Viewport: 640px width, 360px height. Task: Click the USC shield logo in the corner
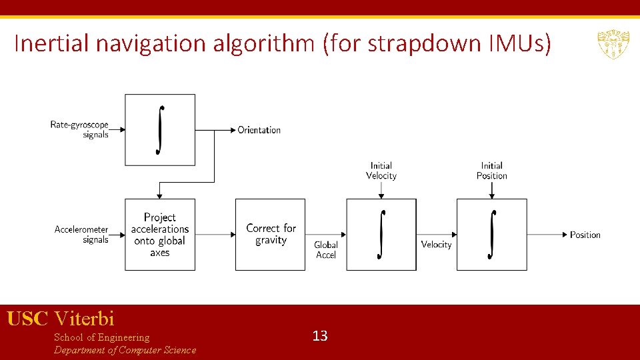(x=613, y=44)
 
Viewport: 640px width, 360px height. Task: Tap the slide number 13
(x=320, y=336)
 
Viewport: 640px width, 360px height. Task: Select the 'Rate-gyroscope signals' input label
(x=79, y=129)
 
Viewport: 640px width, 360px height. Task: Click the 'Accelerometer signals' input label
(x=81, y=235)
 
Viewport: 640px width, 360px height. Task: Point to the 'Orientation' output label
(x=259, y=130)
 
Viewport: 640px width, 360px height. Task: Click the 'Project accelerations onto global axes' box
(x=160, y=235)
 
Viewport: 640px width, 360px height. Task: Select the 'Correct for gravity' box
(x=270, y=235)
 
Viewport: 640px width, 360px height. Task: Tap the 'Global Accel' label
(x=326, y=250)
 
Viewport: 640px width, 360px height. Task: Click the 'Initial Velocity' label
(x=381, y=171)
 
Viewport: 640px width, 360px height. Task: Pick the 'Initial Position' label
(x=491, y=171)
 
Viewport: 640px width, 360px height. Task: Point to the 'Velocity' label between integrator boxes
(x=436, y=245)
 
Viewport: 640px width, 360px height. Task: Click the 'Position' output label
(x=585, y=235)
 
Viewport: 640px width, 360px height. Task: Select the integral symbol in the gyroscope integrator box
(x=160, y=130)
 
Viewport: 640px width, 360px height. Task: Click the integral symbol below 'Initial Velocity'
(x=381, y=235)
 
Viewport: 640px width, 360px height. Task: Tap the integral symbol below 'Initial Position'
(x=492, y=235)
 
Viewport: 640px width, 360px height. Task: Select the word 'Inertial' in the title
(x=53, y=44)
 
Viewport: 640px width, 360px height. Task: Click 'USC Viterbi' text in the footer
(x=61, y=319)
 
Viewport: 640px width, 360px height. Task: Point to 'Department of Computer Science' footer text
(x=125, y=350)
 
